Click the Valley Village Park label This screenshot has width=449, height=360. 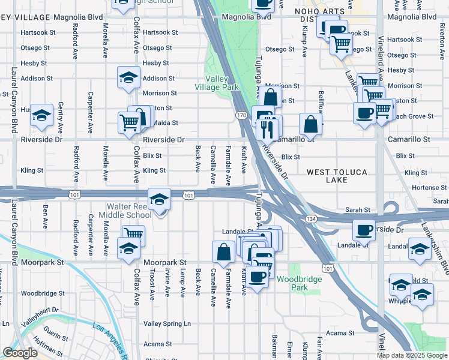tap(217, 83)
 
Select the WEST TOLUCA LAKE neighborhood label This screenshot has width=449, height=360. tap(337, 176)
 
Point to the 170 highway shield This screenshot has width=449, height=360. tap(241, 115)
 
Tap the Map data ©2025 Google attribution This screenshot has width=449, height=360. tap(411, 355)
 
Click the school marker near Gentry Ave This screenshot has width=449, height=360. tap(41, 116)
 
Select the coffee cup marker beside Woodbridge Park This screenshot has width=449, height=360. tap(257, 277)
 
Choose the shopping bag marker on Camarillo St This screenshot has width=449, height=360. tap(311, 124)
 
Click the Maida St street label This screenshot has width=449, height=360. tap(167, 123)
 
